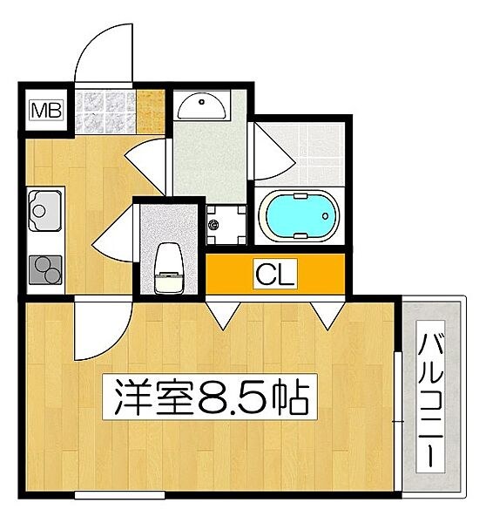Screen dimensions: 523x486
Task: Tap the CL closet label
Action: pos(275,275)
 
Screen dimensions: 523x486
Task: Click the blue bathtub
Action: pos(299,217)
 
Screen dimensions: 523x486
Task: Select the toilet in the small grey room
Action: pos(167,265)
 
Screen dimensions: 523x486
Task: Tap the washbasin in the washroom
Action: pos(201,108)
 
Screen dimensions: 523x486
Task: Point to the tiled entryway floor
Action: pos(106,112)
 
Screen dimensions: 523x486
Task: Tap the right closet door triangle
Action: pos(327,315)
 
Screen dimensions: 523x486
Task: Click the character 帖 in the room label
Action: pos(292,397)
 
